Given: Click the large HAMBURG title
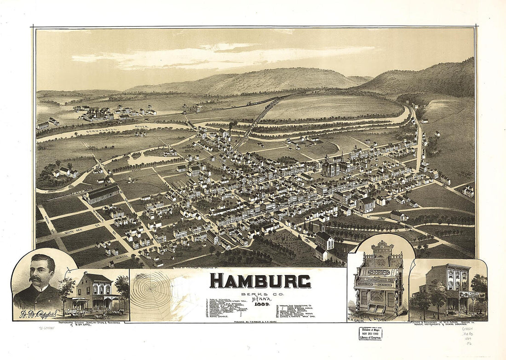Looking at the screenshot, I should coord(260,281).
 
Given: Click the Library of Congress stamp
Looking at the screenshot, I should coord(370,333).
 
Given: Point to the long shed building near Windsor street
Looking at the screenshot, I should coord(102,194).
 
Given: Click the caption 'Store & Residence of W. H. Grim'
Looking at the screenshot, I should coord(448,324).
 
